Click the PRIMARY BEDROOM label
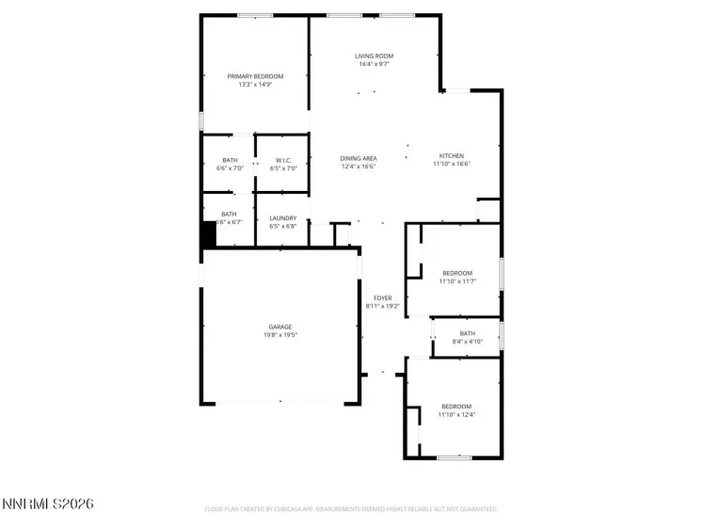255,76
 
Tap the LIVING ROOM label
374,56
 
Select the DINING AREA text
359,158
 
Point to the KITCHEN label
452,156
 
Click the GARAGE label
280,327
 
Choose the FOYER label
382,298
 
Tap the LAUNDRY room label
283,216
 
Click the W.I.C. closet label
283,160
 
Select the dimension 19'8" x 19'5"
280,335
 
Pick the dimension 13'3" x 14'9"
255,85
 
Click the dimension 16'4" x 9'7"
374,65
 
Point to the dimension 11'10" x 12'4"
457,414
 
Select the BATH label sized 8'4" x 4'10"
468,333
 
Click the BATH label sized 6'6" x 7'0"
230,160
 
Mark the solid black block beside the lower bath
208,234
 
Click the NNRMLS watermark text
48,505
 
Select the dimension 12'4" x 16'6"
359,167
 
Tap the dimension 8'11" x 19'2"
382,307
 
